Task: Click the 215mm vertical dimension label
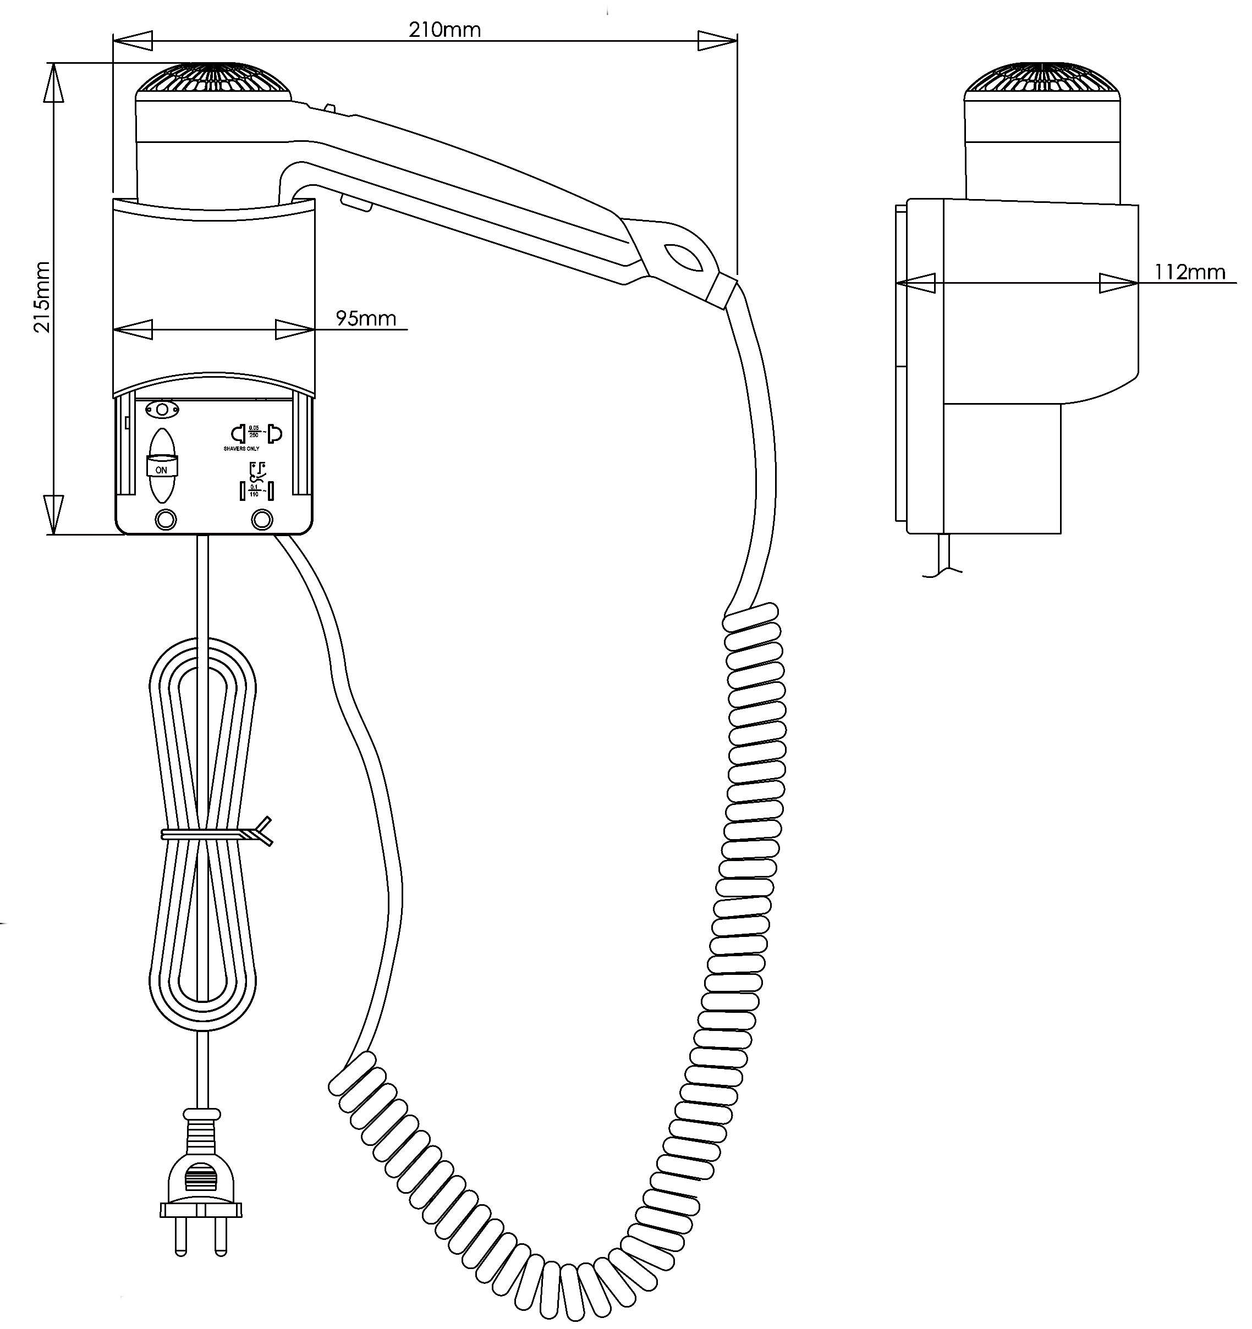[41, 297]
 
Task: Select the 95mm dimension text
[366, 318]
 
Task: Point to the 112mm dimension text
[1189, 272]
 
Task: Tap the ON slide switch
[162, 466]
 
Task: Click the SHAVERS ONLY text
[241, 449]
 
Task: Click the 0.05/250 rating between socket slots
[254, 431]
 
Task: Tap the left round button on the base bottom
[165, 520]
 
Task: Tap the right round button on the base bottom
[261, 520]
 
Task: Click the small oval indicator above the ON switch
[162, 409]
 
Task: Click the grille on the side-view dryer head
[1041, 80]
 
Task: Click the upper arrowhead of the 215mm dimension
[53, 84]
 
